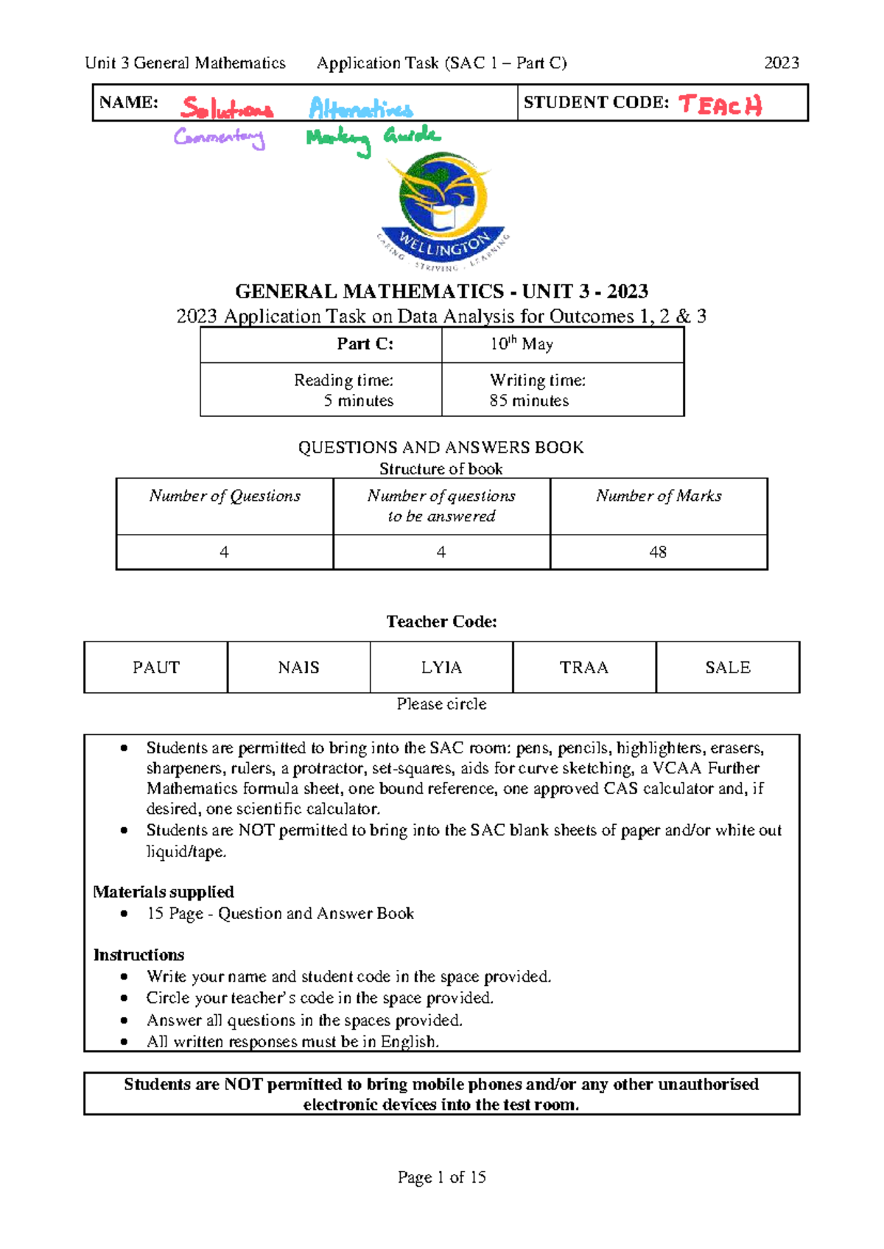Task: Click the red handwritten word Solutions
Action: pos(226,109)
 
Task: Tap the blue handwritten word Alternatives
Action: pos(360,109)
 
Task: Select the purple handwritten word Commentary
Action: pos(219,137)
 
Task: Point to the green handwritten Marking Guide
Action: pos(373,138)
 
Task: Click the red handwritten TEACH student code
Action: pos(720,105)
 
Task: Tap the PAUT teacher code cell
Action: pos(155,667)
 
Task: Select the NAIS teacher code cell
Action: pos(298,667)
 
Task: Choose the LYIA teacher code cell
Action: pos(441,667)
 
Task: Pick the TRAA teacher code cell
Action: pos(584,667)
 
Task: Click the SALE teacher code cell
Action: pos(727,667)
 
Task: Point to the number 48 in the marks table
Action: pos(658,552)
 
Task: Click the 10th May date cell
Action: pos(522,344)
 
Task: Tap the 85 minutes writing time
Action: pos(529,401)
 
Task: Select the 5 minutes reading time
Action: pos(358,401)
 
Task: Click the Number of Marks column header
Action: pos(658,496)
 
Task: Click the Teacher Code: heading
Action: pos(441,622)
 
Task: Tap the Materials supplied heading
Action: pos(164,892)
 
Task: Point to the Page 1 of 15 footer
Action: pos(441,1177)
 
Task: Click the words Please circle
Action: pos(441,704)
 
